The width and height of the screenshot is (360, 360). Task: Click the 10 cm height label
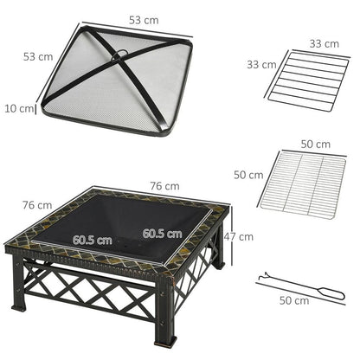click(x=18, y=109)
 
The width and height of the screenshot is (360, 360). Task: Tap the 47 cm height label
click(x=241, y=236)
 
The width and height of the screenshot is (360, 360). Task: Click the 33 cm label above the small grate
click(x=300, y=42)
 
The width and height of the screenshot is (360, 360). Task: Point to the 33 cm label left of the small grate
click(x=261, y=64)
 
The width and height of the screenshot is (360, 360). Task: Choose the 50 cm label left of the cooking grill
click(x=248, y=175)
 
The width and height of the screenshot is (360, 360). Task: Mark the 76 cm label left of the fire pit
click(x=35, y=205)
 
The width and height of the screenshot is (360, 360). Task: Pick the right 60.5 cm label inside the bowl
click(x=163, y=233)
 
